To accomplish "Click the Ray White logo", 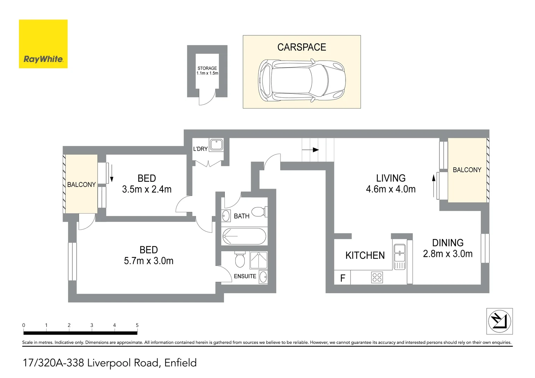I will click(43, 44).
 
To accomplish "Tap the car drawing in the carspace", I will click(302, 80).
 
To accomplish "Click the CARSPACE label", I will click(301, 47).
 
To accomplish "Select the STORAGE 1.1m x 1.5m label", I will click(207, 71).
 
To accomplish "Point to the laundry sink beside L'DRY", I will click(216, 145).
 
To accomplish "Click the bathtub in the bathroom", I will click(244, 236).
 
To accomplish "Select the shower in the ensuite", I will click(259, 260).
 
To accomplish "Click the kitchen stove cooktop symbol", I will click(377, 278).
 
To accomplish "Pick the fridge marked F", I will click(342, 278).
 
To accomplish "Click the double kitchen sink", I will click(399, 253).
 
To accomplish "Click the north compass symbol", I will click(499, 321).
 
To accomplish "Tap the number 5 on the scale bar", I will click(137, 325).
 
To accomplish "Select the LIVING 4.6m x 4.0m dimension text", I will click(391, 189).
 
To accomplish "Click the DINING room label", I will click(448, 243).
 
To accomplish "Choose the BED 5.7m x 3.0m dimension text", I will click(148, 261).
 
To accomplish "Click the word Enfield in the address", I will click(180, 363).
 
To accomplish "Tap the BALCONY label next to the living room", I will click(467, 170).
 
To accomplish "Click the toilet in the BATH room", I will click(259, 212).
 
